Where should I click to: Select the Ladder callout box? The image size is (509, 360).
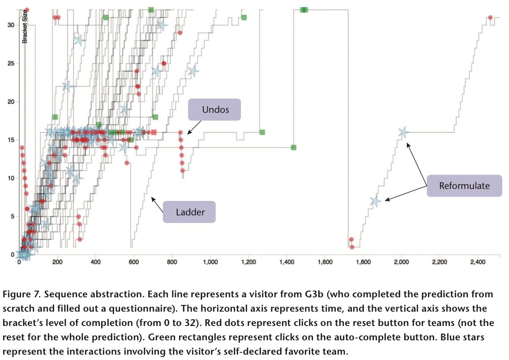(189, 212)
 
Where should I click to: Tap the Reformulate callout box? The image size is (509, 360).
(464, 185)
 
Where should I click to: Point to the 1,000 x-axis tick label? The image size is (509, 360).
(211, 262)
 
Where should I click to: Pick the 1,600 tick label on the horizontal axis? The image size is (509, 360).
(325, 262)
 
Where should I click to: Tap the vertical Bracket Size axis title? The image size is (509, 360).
(26, 26)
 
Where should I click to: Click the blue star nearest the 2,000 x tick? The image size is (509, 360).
(403, 133)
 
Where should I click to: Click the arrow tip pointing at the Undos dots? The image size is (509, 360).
(187, 133)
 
